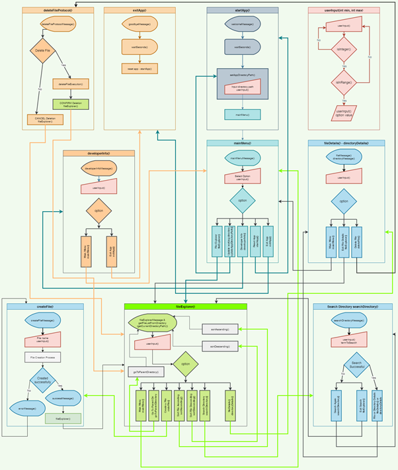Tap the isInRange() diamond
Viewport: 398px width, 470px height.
pos(343,83)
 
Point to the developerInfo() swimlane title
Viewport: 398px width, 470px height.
pos(99,153)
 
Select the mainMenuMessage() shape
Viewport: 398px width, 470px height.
pos(243,158)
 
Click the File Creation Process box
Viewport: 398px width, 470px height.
pos(44,357)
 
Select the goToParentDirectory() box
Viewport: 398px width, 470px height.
pos(146,371)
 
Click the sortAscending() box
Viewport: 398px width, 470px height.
pos(219,328)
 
